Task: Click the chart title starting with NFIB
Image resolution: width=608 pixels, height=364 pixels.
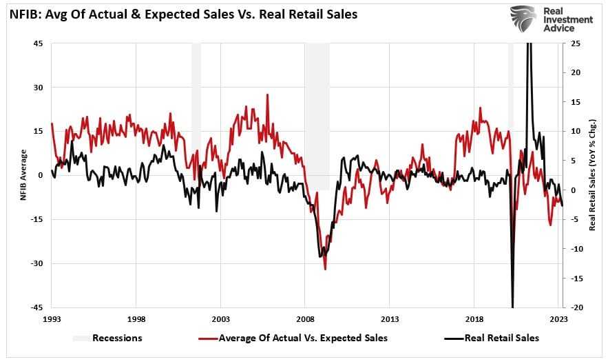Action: tap(182, 14)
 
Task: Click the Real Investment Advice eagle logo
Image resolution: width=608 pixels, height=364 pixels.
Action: tap(523, 20)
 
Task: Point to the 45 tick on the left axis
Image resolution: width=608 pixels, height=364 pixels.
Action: tap(39, 43)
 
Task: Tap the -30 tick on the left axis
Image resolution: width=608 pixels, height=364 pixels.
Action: tap(37, 263)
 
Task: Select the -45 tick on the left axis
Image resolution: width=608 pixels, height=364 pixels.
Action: tap(37, 307)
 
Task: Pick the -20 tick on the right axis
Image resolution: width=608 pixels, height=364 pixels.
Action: tap(574, 307)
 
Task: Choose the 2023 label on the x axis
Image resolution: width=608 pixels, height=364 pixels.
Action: tap(558, 319)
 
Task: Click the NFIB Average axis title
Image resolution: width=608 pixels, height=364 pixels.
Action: tap(23, 175)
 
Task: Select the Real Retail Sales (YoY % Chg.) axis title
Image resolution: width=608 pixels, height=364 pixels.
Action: tap(592, 175)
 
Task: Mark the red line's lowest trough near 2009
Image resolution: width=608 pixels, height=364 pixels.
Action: tap(324, 269)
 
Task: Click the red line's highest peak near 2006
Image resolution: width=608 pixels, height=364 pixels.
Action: tap(267, 95)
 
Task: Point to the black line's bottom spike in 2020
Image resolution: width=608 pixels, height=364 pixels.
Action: tap(512, 306)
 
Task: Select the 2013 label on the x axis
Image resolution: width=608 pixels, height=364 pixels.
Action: tap(390, 319)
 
